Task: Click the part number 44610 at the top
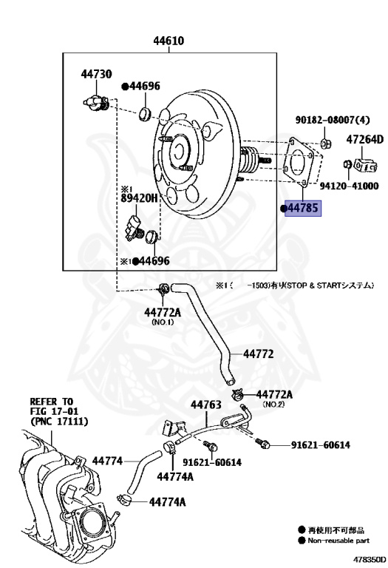tap(169, 41)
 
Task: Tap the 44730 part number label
tap(96, 74)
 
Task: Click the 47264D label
tap(365, 139)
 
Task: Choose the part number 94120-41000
tap(349, 186)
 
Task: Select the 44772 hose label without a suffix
tap(258, 355)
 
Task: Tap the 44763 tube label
tap(206, 405)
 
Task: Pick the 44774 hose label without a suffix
tap(107, 460)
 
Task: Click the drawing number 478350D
tap(368, 560)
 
